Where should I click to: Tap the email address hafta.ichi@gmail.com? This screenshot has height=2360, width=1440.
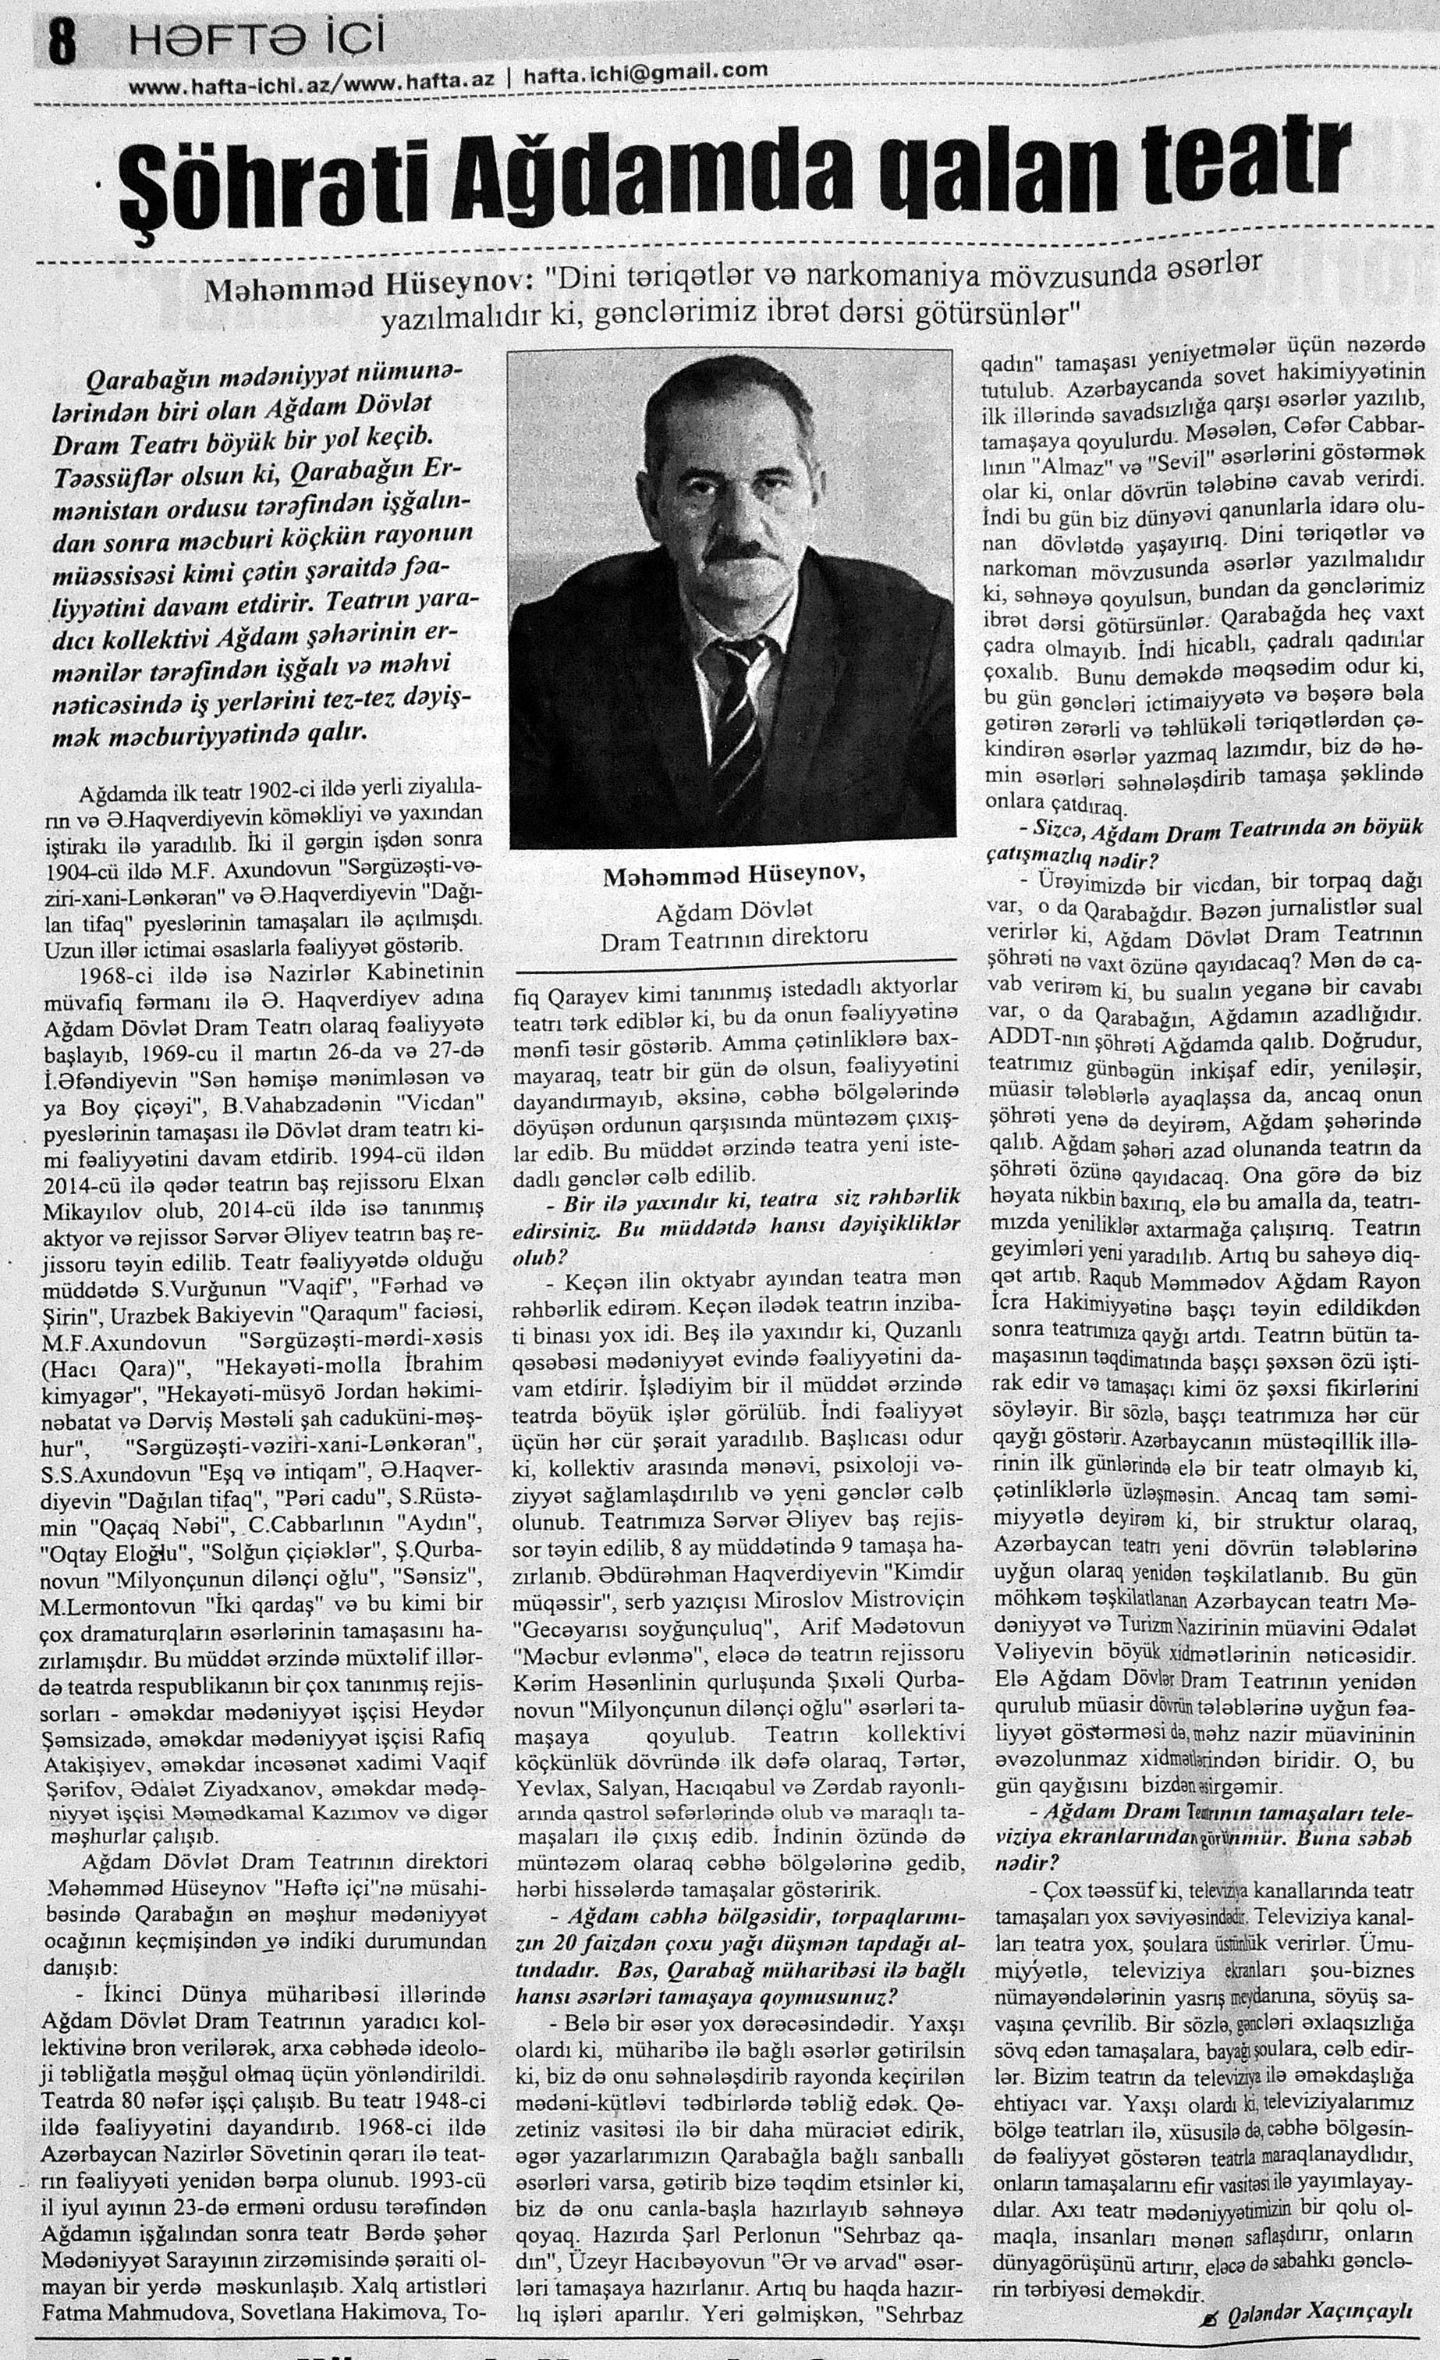click(x=645, y=71)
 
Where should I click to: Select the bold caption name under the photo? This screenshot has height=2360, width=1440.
click(x=734, y=874)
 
